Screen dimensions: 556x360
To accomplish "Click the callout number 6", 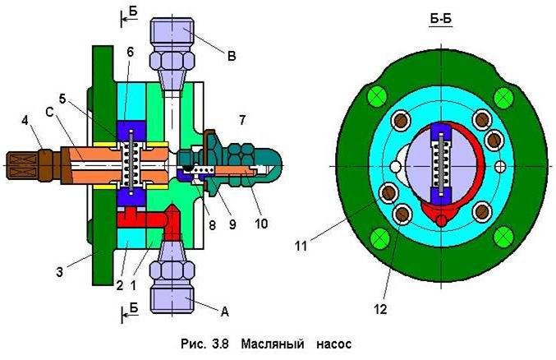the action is [x=130, y=52].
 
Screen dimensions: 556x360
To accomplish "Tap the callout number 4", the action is [x=25, y=120].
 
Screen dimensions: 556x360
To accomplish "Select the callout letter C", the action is [x=49, y=113].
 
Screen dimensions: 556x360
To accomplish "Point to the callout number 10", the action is [x=261, y=224].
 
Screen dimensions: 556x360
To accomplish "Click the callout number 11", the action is [x=301, y=246].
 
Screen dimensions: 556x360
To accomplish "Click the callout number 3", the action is [x=59, y=272].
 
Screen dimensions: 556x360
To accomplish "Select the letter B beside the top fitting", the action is [x=232, y=56].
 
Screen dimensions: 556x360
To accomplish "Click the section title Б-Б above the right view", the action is [x=441, y=18].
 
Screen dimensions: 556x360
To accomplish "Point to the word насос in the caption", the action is [x=334, y=344].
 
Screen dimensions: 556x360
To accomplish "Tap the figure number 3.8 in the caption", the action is [x=222, y=344].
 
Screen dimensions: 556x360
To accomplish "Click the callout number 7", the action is [x=242, y=120].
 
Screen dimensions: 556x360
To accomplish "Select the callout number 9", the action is [x=232, y=224].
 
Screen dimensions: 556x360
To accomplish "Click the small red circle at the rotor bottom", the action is [x=441, y=220].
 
